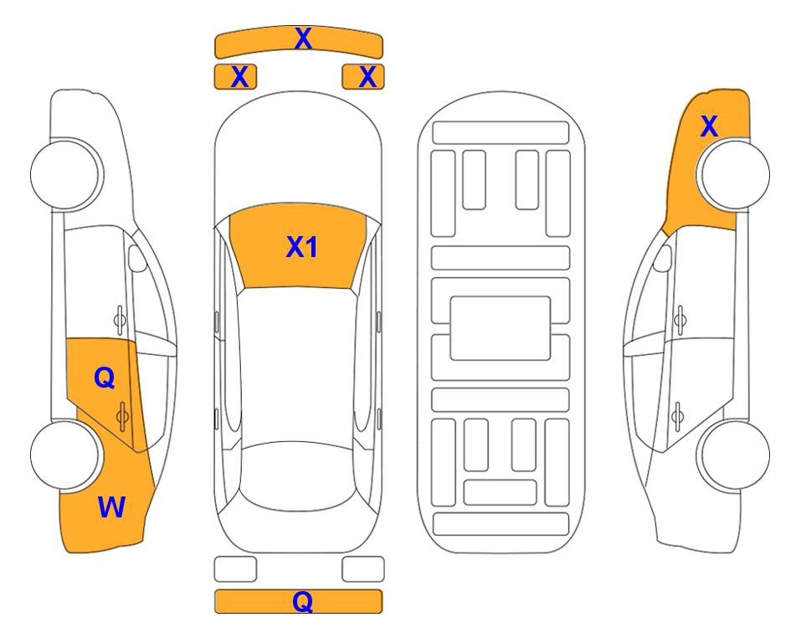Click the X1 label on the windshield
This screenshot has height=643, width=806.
[x=301, y=247]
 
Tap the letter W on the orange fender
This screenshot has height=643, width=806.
[x=111, y=507]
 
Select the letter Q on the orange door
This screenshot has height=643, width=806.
[x=104, y=378]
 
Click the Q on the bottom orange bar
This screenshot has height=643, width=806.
[x=302, y=601]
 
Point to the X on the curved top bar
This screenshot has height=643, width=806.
[x=303, y=39]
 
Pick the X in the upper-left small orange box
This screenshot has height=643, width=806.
[x=239, y=77]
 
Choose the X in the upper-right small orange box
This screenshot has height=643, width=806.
[x=367, y=77]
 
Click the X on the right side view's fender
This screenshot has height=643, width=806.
[x=709, y=127]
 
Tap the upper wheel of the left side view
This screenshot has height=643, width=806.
[x=65, y=173]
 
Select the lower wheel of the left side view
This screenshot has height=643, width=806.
[x=65, y=455]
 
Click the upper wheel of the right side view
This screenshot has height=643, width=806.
[x=735, y=173]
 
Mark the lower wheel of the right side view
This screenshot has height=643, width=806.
[x=735, y=455]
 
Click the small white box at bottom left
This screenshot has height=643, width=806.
[x=235, y=569]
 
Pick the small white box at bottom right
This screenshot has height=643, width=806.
[x=363, y=569]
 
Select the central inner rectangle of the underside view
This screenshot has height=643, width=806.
[x=501, y=327]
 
